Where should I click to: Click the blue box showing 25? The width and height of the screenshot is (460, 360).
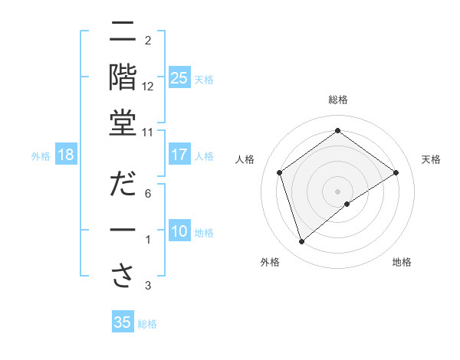(179, 78)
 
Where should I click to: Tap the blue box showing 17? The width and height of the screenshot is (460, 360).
(179, 155)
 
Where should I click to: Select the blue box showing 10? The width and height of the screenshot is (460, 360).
(179, 231)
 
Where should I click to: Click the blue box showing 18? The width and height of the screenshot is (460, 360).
(66, 155)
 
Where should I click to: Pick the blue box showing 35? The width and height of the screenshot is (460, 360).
(123, 322)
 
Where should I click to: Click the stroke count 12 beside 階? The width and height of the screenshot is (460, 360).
(148, 87)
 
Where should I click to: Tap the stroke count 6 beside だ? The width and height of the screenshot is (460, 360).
(148, 194)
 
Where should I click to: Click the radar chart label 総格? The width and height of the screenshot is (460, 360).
(337, 100)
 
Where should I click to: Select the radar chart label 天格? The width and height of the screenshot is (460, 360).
(432, 159)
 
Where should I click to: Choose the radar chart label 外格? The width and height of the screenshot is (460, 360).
(270, 263)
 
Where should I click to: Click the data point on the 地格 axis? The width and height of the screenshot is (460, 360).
(347, 204)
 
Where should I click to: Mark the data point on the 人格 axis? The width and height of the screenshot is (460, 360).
(280, 172)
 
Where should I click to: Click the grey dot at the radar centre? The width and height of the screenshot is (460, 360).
(337, 191)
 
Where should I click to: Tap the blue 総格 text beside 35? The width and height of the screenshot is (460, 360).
(147, 323)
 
